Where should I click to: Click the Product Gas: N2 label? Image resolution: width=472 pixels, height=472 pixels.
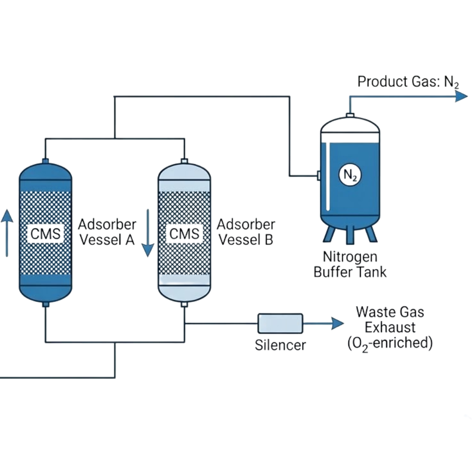click(408, 82)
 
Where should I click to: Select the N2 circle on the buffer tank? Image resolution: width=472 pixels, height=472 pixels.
click(350, 174)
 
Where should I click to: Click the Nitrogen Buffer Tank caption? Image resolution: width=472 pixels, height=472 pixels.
click(350, 264)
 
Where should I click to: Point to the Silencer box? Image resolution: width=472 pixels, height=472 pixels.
click(280, 324)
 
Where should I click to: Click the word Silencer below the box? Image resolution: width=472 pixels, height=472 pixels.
click(280, 345)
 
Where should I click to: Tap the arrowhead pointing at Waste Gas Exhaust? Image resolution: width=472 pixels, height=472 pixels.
click(337, 324)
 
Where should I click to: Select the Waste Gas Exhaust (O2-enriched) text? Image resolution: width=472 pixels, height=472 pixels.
click(390, 328)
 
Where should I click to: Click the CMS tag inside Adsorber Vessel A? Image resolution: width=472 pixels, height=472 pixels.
click(45, 234)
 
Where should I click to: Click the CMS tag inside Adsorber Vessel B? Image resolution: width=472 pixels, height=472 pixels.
click(184, 234)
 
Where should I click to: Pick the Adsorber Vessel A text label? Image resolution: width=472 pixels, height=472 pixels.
click(107, 232)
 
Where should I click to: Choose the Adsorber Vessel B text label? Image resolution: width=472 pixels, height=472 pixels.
click(246, 232)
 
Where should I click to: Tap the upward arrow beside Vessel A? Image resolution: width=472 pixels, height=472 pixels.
click(7, 233)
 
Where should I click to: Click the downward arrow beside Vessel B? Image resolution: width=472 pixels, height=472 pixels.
click(148, 233)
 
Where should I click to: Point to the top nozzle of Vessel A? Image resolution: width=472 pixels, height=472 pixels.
click(45, 161)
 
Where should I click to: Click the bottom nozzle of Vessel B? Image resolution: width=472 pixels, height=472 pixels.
click(185, 304)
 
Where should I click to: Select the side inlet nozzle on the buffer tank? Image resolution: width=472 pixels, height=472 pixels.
click(319, 176)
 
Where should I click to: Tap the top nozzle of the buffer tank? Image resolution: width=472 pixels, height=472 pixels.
click(350, 115)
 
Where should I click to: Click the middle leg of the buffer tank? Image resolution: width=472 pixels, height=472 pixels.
click(350, 236)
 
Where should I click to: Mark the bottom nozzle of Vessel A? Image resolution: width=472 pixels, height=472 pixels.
click(45, 304)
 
